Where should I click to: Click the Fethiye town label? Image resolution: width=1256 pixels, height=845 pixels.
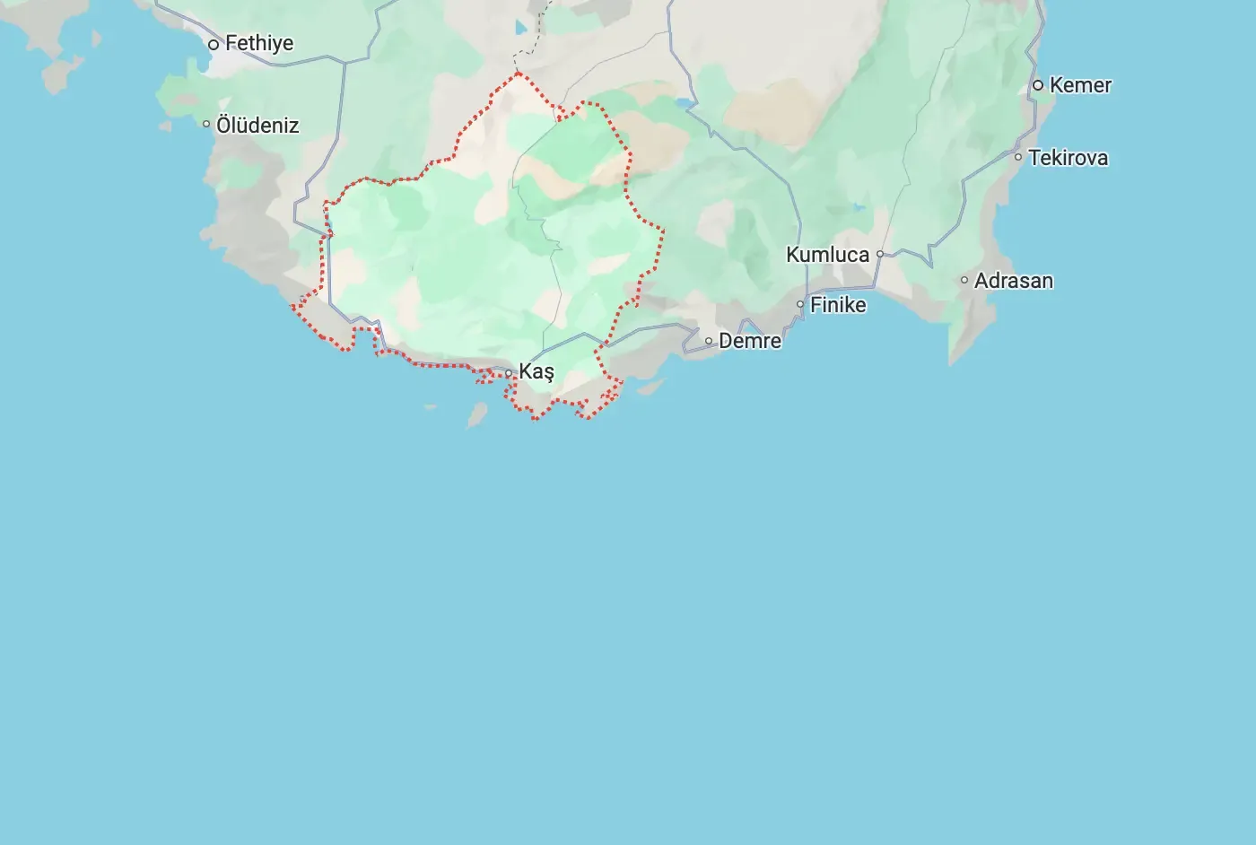click(x=259, y=43)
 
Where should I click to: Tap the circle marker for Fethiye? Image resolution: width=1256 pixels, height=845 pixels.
click(x=214, y=44)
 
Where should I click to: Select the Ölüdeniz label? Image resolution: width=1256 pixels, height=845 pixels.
click(x=257, y=125)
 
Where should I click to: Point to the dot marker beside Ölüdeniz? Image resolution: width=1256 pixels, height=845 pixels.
click(x=206, y=124)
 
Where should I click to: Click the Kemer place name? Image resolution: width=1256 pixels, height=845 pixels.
click(x=1080, y=85)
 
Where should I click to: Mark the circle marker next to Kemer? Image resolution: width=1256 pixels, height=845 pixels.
click(x=1038, y=85)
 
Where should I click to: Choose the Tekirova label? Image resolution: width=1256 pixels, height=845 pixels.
click(x=1068, y=158)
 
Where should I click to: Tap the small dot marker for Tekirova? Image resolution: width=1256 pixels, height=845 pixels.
click(x=1018, y=157)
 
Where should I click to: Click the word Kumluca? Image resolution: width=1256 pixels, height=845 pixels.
click(x=827, y=255)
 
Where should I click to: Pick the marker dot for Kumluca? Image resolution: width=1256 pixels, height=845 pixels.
click(x=880, y=254)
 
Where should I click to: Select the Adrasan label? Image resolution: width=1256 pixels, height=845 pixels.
click(x=1014, y=281)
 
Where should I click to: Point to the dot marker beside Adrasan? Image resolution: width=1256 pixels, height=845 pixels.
click(x=964, y=280)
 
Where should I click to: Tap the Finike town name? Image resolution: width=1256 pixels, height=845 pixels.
click(x=838, y=305)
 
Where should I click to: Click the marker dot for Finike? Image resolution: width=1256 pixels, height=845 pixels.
click(x=800, y=304)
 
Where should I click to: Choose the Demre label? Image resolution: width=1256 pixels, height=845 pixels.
click(x=750, y=341)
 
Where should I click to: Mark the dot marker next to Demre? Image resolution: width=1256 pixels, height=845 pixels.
click(x=709, y=341)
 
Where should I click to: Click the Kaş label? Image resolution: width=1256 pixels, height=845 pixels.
click(x=536, y=371)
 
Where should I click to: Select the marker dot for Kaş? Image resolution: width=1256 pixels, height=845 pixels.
click(x=509, y=373)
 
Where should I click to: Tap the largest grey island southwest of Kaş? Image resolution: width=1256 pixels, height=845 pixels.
click(x=476, y=415)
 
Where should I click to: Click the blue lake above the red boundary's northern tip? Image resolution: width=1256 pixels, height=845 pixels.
click(x=521, y=27)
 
